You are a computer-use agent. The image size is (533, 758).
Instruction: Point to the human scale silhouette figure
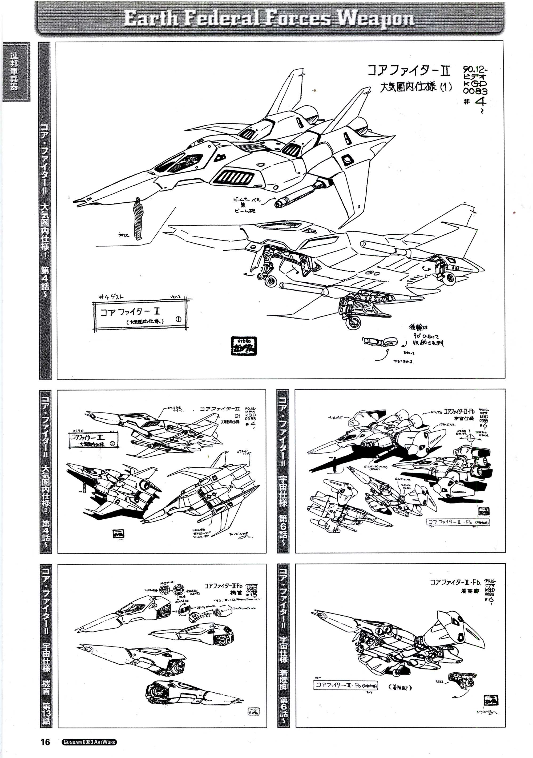[139, 219]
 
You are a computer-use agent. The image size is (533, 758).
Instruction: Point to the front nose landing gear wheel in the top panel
[271, 281]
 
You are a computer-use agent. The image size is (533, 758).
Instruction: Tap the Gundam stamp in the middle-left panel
[118, 534]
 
